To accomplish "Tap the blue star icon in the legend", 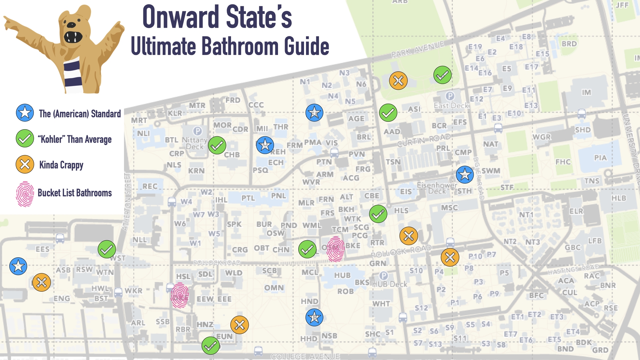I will click(x=25, y=113).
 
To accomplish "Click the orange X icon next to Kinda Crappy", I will click(x=25, y=164).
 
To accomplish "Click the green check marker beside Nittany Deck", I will click(x=217, y=145).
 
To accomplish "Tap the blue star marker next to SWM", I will click(x=465, y=174).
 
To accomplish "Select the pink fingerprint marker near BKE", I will click(x=335, y=249).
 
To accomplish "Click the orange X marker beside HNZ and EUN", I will click(x=239, y=325).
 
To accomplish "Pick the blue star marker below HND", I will click(x=314, y=317).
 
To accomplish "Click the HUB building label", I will click(x=342, y=275).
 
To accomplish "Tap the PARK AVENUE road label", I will click(x=417, y=49).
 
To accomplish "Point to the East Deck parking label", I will click(x=451, y=105).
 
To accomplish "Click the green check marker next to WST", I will click(x=107, y=249).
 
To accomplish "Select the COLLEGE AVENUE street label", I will click(x=305, y=356).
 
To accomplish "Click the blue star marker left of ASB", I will click(x=18, y=266).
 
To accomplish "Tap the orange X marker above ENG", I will click(x=41, y=283).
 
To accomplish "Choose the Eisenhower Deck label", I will click(x=437, y=188).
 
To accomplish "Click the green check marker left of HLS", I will click(x=378, y=214).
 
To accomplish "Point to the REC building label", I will click(x=150, y=186).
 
